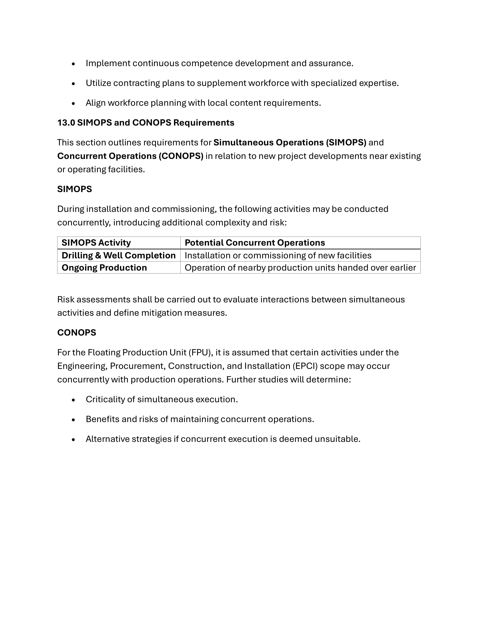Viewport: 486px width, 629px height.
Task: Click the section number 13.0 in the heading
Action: [x=66, y=123]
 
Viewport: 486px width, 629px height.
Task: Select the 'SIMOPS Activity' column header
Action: [x=96, y=243]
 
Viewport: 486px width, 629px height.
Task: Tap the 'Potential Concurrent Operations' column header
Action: [x=255, y=243]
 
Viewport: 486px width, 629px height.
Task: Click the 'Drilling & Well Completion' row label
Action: [x=118, y=256]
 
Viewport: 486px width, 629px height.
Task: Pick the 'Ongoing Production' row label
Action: [x=104, y=268]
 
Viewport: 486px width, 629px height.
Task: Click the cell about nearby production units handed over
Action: [x=300, y=268]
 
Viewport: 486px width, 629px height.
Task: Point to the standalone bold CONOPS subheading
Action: [x=77, y=333]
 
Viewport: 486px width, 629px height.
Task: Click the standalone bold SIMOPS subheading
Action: [x=75, y=189]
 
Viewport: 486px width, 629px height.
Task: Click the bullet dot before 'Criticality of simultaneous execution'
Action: [x=73, y=400]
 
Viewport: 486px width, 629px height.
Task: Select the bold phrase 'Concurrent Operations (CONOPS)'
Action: [x=130, y=156]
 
